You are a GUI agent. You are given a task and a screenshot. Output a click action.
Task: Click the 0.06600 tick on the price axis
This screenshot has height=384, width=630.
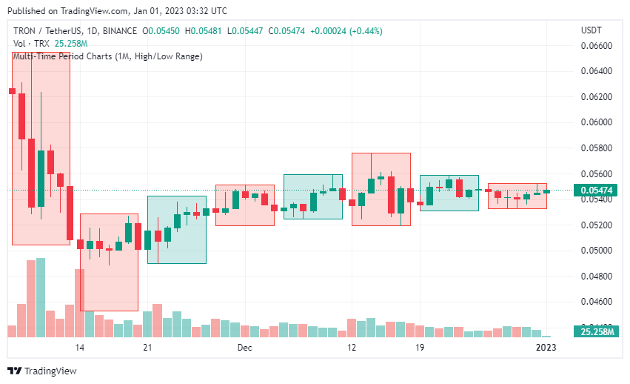[595, 46]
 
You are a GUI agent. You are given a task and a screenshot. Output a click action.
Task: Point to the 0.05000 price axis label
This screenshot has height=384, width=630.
[595, 251]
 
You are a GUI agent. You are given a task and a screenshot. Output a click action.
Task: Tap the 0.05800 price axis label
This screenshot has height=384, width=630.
[595, 148]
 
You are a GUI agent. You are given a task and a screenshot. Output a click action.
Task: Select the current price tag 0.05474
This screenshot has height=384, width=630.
[596, 191]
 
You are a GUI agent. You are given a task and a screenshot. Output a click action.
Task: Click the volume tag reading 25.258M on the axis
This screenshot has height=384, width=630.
[597, 331]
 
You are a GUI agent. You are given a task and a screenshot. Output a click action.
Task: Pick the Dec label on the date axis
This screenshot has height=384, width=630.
[245, 347]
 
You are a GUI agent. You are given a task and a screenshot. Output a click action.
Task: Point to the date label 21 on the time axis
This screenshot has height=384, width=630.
[148, 347]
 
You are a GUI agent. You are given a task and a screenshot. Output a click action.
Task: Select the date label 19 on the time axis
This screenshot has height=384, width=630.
[420, 347]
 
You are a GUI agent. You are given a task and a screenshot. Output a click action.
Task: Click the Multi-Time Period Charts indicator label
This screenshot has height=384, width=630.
[107, 56]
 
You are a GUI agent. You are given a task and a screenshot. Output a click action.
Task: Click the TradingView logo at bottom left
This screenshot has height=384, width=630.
[42, 371]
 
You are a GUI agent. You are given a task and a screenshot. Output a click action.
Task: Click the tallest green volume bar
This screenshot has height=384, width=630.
[41, 297]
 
